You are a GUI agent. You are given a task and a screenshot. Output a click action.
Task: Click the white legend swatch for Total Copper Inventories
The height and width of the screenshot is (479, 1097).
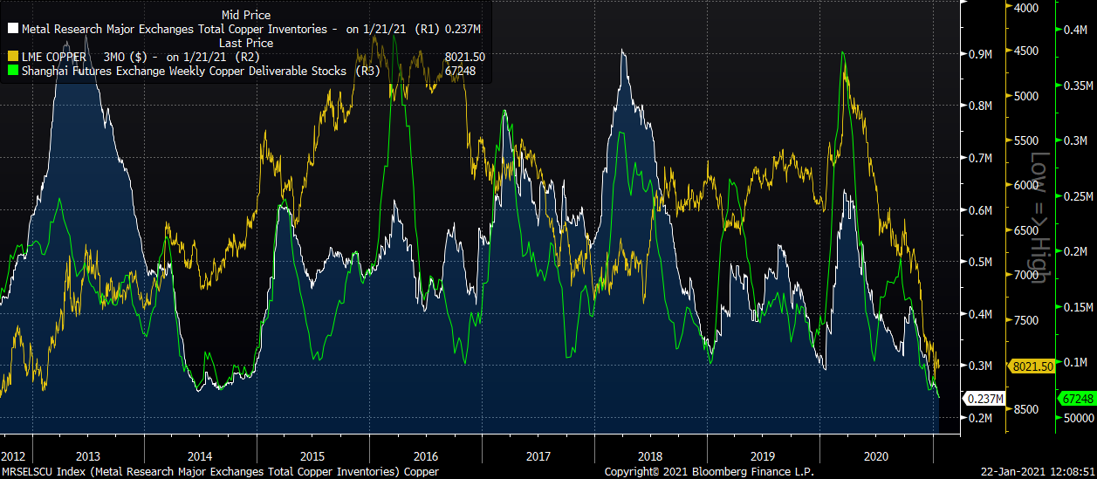point(13,29)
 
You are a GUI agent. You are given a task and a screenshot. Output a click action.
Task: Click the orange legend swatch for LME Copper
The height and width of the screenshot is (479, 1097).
point(13,57)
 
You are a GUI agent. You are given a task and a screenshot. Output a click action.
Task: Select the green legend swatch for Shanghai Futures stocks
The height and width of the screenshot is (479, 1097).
point(13,71)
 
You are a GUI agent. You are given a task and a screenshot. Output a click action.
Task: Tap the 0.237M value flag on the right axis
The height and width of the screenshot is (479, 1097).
point(983,399)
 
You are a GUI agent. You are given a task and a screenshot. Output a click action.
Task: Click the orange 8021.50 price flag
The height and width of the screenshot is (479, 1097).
point(1031,367)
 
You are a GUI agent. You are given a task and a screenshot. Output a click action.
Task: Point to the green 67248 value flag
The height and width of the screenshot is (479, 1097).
point(1077,398)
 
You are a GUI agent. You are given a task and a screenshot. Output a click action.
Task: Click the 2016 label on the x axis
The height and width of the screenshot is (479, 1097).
point(425,455)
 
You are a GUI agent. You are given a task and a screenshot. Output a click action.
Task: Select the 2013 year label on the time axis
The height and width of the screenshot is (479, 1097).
point(88,455)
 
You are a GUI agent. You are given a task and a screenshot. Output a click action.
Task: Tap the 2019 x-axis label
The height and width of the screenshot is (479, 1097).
point(763,455)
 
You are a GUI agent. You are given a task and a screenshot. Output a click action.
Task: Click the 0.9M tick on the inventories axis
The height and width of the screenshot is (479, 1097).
point(982,54)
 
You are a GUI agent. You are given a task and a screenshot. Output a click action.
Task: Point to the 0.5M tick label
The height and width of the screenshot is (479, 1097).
point(982,262)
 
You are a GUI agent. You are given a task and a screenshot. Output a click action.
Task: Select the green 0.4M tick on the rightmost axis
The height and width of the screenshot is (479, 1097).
point(1074,31)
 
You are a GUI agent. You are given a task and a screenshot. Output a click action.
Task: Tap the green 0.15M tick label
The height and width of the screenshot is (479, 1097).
point(1077,307)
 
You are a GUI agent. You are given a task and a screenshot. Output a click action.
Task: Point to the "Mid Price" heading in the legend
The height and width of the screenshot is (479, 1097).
point(246,15)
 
